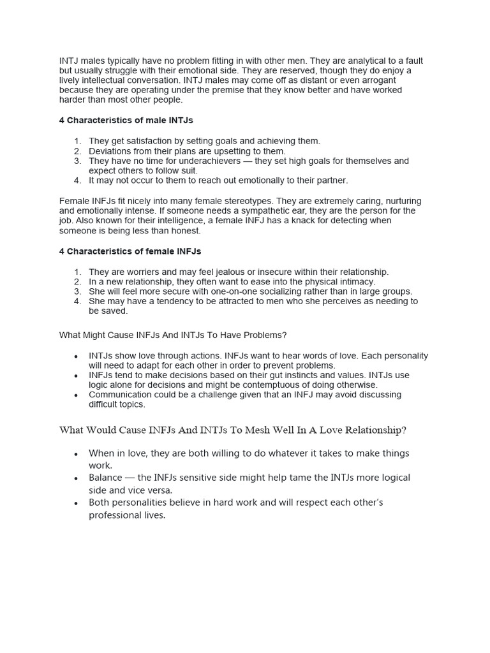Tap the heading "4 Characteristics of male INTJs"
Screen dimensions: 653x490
click(126, 120)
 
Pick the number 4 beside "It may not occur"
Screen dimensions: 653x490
click(77, 180)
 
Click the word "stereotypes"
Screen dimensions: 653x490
click(292, 201)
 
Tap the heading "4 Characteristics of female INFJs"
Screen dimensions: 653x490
click(130, 251)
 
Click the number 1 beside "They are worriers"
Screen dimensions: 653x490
click(77, 272)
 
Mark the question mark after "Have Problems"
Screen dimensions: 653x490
click(285, 335)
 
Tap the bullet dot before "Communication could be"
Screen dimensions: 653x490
click(76, 395)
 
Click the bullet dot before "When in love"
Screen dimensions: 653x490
click(76, 454)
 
